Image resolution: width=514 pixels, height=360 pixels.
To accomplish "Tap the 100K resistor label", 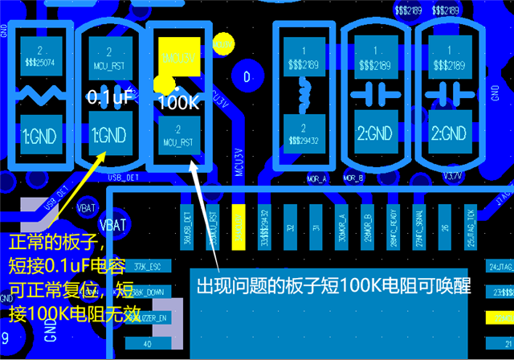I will click(x=179, y=103).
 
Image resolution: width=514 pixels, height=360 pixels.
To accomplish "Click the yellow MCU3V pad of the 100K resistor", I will click(x=179, y=55).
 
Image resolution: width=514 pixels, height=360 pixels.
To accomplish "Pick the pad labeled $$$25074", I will click(x=37, y=55).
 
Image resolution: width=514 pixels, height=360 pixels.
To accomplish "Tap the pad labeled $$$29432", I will click(x=304, y=135).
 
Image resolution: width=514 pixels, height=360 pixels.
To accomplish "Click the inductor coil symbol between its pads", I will click(x=304, y=90).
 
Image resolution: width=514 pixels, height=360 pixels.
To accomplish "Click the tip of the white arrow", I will click(x=193, y=162).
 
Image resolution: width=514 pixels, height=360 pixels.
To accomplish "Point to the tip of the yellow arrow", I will click(x=103, y=153).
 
